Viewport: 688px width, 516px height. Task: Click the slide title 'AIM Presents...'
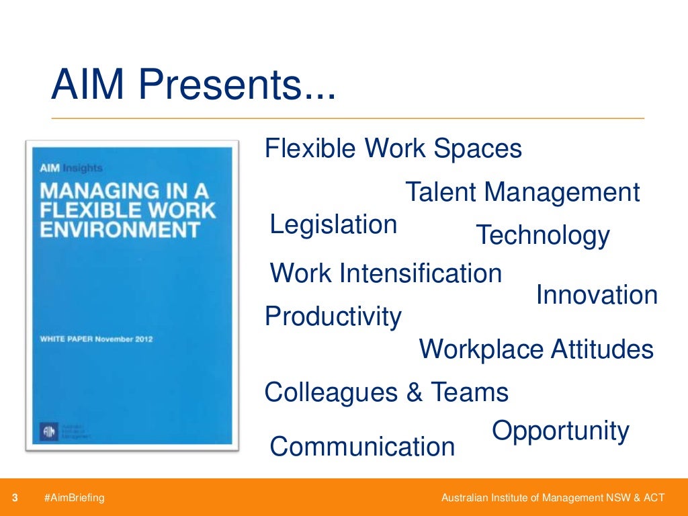click(x=193, y=86)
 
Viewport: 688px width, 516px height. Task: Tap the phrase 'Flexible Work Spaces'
click(x=393, y=148)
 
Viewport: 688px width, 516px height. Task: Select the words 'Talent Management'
click(x=522, y=193)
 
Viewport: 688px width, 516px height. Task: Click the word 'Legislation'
click(x=333, y=224)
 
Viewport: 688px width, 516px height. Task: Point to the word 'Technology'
click(x=542, y=236)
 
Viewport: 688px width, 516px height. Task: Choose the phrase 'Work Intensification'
click(x=386, y=273)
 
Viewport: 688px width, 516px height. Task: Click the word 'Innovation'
click(x=597, y=295)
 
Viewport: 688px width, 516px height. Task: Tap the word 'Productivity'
click(x=333, y=316)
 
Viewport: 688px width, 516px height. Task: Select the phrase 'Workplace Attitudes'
click(x=536, y=350)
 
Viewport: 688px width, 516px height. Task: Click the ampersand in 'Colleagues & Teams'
click(x=414, y=392)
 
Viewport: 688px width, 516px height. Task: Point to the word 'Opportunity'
click(x=560, y=431)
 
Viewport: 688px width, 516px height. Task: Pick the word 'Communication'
click(x=362, y=447)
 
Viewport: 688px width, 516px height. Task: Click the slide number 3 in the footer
click(x=15, y=498)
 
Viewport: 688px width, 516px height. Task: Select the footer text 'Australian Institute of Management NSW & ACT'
click(x=552, y=498)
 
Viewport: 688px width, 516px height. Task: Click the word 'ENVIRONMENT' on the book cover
click(x=120, y=230)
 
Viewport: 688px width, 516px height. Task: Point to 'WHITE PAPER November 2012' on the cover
click(x=95, y=339)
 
